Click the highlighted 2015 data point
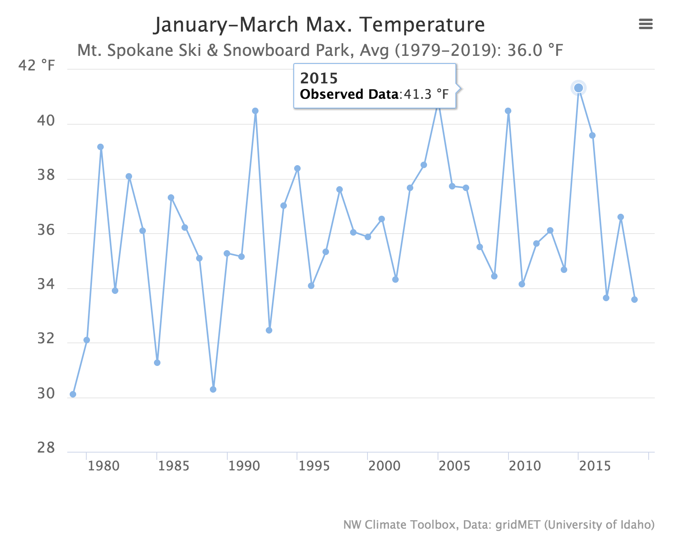[x=578, y=88]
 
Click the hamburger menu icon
[x=645, y=24]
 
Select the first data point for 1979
[x=73, y=394]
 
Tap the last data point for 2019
[x=634, y=300]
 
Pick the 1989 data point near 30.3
[x=213, y=389]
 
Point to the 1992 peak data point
[x=255, y=111]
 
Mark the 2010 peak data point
[x=508, y=111]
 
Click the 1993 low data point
[x=269, y=330]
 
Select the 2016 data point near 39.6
[x=592, y=136]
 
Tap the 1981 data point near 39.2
[x=100, y=147]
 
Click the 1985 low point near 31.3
[x=157, y=363]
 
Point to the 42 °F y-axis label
[x=36, y=66]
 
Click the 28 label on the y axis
[x=46, y=448]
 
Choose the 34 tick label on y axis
[x=46, y=285]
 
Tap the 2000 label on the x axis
[x=384, y=466]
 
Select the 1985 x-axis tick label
[x=173, y=466]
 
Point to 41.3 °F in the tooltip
[x=426, y=94]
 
